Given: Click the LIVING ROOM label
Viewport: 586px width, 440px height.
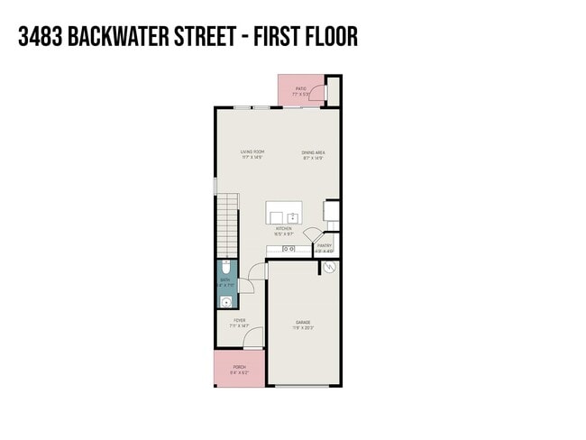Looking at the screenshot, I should [x=252, y=151].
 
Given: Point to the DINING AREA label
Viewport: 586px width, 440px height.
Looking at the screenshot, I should [x=313, y=153].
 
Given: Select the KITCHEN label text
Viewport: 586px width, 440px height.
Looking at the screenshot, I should [x=285, y=229].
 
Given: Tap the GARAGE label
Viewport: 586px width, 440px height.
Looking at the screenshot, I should [x=304, y=323].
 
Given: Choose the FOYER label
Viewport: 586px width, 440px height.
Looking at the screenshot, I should [x=240, y=320].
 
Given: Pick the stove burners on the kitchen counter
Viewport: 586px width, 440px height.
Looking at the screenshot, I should [x=289, y=248].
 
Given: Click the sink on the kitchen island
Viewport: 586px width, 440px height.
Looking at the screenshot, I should [x=292, y=217].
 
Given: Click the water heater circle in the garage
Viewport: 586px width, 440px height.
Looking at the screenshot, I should [x=330, y=268].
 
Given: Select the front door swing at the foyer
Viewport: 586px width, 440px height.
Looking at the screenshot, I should [x=253, y=338].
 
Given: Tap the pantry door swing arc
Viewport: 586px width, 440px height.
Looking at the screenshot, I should [x=310, y=236].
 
